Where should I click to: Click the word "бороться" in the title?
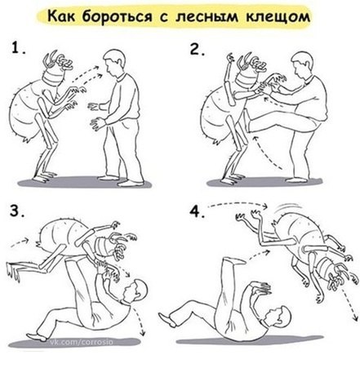pyautogui.click(x=117, y=17)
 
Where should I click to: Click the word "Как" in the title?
pyautogui.click(x=62, y=16)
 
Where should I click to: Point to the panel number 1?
pyautogui.click(x=18, y=48)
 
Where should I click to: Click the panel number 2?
pyautogui.click(x=197, y=49)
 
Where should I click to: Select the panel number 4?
pyautogui.click(x=197, y=211)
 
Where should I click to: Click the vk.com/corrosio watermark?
pyautogui.click(x=81, y=342)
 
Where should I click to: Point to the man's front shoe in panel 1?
pyautogui.click(x=131, y=183)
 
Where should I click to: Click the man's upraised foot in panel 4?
pyautogui.click(x=234, y=261)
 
